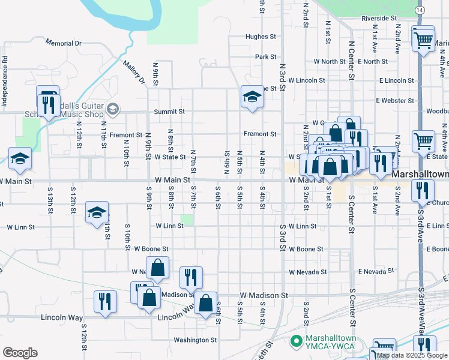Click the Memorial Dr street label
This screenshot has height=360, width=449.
(x=62, y=44)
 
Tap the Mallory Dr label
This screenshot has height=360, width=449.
(x=134, y=71)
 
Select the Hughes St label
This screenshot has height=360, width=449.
(x=260, y=37)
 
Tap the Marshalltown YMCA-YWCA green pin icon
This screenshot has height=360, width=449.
(x=295, y=342)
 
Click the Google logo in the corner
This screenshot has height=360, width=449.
(x=19, y=353)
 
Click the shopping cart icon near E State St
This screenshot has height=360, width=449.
(x=423, y=142)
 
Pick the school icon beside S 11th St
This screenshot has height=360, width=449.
(x=97, y=212)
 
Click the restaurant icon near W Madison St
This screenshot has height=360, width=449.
(x=191, y=277)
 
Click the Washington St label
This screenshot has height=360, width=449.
(x=195, y=340)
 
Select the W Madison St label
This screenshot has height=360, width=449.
(x=264, y=296)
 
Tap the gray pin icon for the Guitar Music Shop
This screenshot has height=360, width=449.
(x=112, y=109)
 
